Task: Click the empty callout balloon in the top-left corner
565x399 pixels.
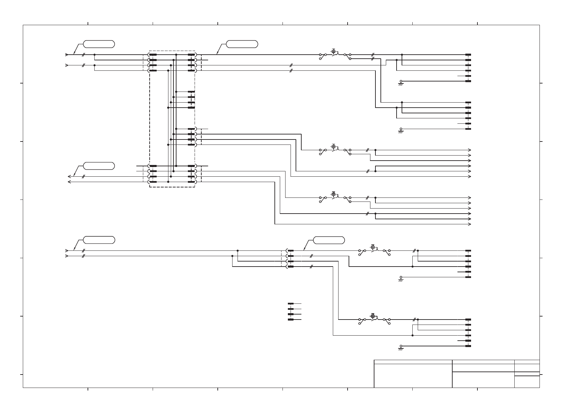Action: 99,44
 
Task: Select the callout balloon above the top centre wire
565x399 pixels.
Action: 242,44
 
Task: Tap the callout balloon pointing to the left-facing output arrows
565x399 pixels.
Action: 99,166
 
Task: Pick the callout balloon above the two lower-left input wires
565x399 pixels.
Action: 99,240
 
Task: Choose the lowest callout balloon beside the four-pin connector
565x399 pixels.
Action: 329,240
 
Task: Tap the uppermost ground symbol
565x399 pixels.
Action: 401,82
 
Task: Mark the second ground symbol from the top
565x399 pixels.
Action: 401,130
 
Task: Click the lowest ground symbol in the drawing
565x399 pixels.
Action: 401,347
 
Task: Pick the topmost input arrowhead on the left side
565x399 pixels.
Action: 67,55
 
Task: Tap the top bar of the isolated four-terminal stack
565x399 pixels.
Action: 291,304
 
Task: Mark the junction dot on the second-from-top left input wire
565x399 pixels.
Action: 95,65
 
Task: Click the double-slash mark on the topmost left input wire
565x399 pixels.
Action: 83,55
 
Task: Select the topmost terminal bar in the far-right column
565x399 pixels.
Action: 468,55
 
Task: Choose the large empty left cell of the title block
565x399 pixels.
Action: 413,376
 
